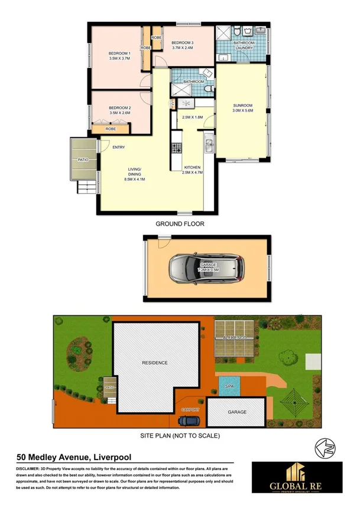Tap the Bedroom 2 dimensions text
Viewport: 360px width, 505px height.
pos(119,113)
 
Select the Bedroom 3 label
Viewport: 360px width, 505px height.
pos(183,43)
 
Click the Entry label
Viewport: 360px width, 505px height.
pos(118,148)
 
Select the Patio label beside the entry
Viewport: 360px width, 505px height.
pos(82,159)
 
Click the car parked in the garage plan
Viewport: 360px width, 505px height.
pos(206,269)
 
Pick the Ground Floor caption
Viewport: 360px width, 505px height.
pos(180,224)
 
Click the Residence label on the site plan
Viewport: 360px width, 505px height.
pos(154,363)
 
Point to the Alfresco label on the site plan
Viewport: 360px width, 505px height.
pos(236,337)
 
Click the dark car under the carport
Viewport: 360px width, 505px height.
pos(189,421)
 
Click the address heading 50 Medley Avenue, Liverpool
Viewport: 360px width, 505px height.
pos(74,457)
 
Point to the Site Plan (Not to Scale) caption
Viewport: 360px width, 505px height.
pos(180,436)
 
